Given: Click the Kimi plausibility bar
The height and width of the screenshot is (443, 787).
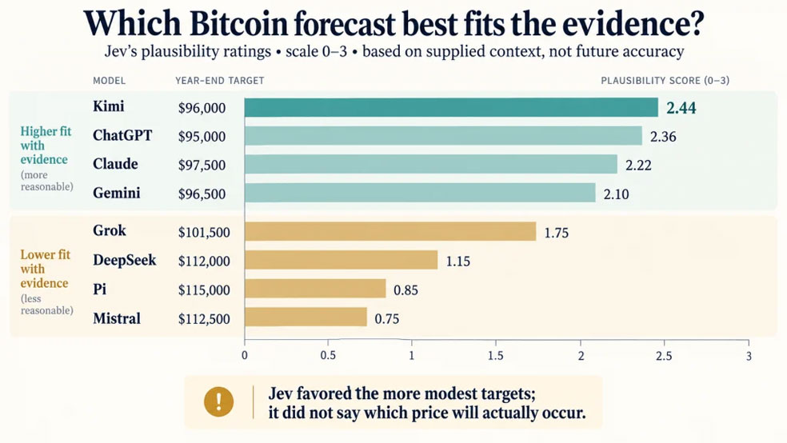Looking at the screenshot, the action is pos(451,107).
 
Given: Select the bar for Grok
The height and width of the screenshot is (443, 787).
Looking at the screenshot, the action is pos(390,231).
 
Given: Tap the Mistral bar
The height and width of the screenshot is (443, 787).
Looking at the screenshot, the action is pos(306,317).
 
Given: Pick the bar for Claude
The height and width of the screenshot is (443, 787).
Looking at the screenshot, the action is pos(431,164).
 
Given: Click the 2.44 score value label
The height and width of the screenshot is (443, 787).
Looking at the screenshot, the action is pos(681,108).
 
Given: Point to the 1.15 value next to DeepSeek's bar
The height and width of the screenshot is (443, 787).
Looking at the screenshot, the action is pos(457,261).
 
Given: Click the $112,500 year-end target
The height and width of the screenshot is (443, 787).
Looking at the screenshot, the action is pos(204,319).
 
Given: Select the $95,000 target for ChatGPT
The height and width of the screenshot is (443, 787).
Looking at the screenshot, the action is pos(202,137).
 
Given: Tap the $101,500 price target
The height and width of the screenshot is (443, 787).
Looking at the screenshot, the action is pos(204,232).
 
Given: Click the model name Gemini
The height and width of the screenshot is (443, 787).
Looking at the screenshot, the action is pos(117,194).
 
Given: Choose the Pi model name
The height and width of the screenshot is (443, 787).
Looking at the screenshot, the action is pos(99,289).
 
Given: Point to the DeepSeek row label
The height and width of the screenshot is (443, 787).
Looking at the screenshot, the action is pos(125,260).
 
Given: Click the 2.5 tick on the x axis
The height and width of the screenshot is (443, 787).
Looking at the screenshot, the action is pos(664,356).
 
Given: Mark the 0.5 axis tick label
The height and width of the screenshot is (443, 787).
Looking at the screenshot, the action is pos(328,356).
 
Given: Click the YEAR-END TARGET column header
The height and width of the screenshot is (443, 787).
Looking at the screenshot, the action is pos(220,80).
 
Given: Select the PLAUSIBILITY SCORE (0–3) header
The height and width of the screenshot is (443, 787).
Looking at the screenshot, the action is pos(665,80).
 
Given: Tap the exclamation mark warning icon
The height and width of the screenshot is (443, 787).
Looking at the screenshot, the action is pos(218,402).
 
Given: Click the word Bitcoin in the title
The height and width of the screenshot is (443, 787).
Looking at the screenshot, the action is pos(239,23).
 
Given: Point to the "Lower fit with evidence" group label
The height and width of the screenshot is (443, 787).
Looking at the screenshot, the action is pos(45,269).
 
